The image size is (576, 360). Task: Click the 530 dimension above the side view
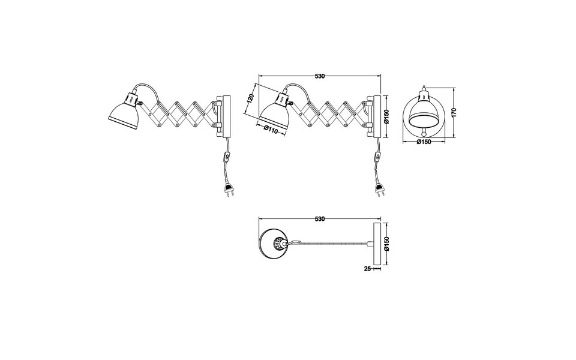319,76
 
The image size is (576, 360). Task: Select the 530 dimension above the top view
319,220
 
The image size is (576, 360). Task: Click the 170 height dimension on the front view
454,112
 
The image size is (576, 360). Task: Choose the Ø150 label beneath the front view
424,142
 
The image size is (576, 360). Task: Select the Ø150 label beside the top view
387,243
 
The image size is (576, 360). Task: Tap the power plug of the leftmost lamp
229,191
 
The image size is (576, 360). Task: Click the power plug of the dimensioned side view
379,191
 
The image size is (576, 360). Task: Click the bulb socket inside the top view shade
279,244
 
